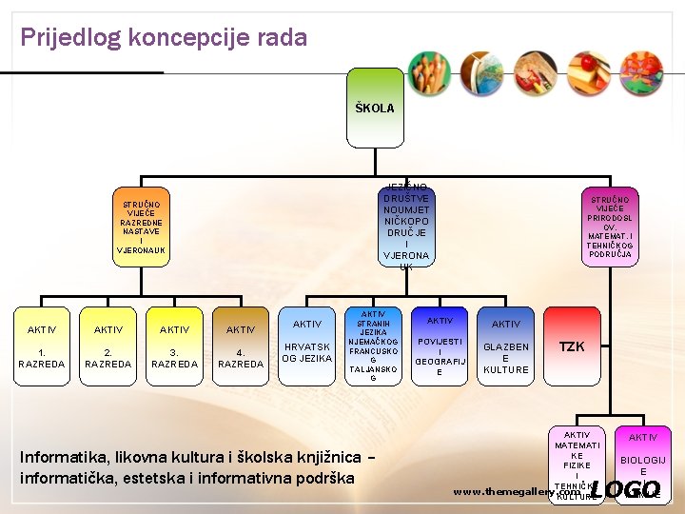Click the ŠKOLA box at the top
click(x=374, y=108)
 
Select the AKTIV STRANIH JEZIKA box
click(x=373, y=346)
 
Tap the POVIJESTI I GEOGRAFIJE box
click(x=440, y=346)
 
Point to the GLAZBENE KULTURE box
click(x=506, y=346)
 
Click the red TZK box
click(x=572, y=346)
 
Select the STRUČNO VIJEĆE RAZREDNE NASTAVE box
click(x=141, y=227)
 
